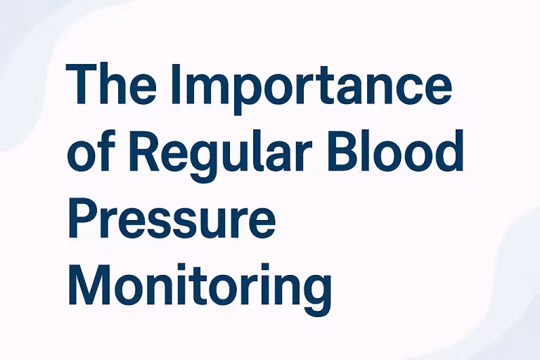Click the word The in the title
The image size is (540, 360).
(111, 85)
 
